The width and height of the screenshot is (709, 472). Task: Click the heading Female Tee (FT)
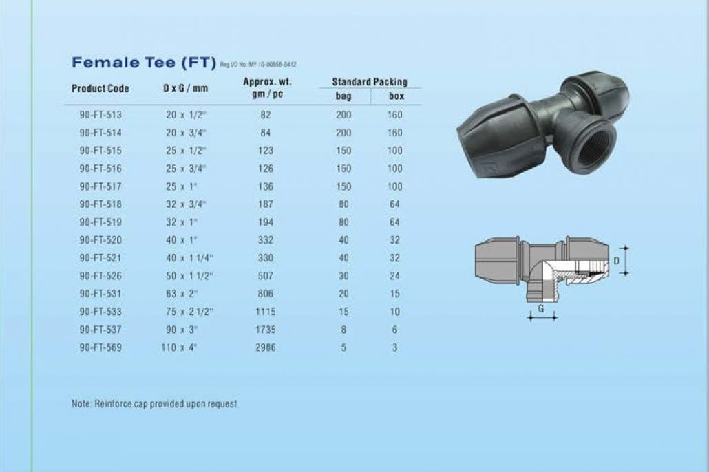tap(144, 63)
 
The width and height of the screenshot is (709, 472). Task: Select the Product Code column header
tap(100, 88)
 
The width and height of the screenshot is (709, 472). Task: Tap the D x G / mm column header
tap(185, 87)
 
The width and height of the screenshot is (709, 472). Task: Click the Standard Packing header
tap(370, 82)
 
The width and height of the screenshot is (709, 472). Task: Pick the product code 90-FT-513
tap(100, 115)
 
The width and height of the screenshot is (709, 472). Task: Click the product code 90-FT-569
tap(100, 347)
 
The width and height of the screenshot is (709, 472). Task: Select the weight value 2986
tap(266, 347)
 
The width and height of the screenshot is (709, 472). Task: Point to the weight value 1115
tap(266, 312)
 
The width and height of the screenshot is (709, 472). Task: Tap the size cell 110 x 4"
tap(179, 347)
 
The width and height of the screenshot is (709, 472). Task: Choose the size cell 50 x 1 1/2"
tap(189, 276)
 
